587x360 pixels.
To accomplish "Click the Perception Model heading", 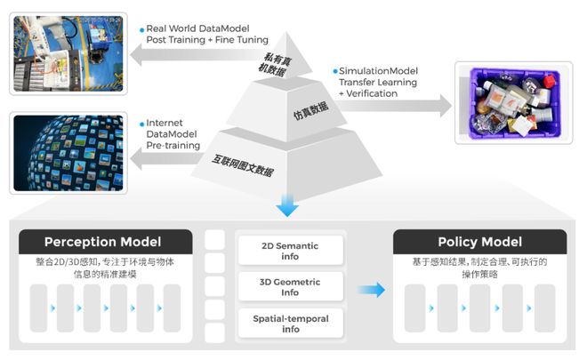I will (103, 242).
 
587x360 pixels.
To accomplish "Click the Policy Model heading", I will (479, 242).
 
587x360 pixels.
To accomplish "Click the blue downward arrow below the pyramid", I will (286, 207).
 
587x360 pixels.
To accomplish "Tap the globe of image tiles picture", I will (67, 153).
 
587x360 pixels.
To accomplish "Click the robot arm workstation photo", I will (67, 52).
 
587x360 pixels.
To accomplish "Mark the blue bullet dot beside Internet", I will (141, 122).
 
